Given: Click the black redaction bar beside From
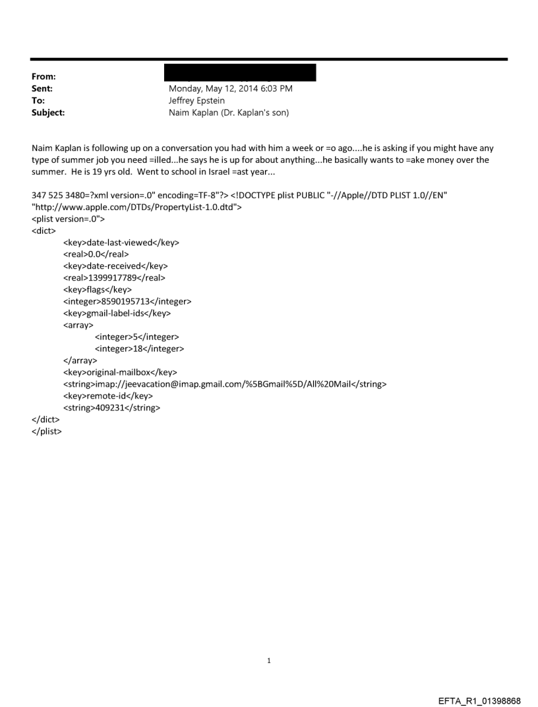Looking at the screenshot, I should tap(242, 72).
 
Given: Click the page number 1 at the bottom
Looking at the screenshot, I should tap(269, 660).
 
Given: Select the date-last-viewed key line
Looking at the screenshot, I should tap(121, 242).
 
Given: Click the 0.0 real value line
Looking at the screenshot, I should tap(96, 254).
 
